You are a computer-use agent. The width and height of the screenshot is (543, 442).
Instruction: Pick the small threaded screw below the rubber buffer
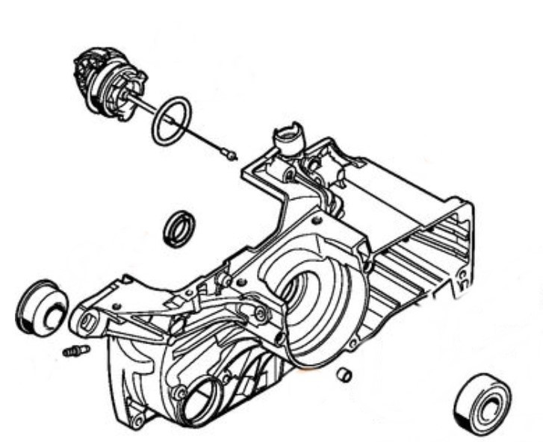pyautogui.click(x=75, y=350)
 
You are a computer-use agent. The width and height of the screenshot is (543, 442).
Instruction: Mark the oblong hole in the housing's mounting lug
pyautogui.click(x=87, y=323)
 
